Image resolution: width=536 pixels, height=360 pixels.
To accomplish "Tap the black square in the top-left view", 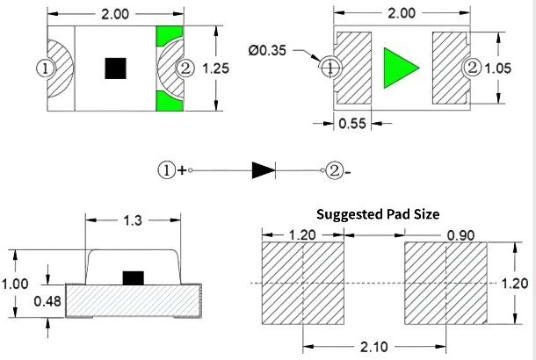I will [x=114, y=68].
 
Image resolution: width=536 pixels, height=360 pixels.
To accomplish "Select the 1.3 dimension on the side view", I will [x=133, y=220].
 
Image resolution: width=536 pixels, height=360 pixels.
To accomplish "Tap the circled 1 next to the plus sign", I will [x=167, y=171].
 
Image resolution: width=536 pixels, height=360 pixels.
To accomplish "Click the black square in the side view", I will [x=133, y=277].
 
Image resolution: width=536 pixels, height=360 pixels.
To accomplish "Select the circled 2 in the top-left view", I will [x=185, y=68].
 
